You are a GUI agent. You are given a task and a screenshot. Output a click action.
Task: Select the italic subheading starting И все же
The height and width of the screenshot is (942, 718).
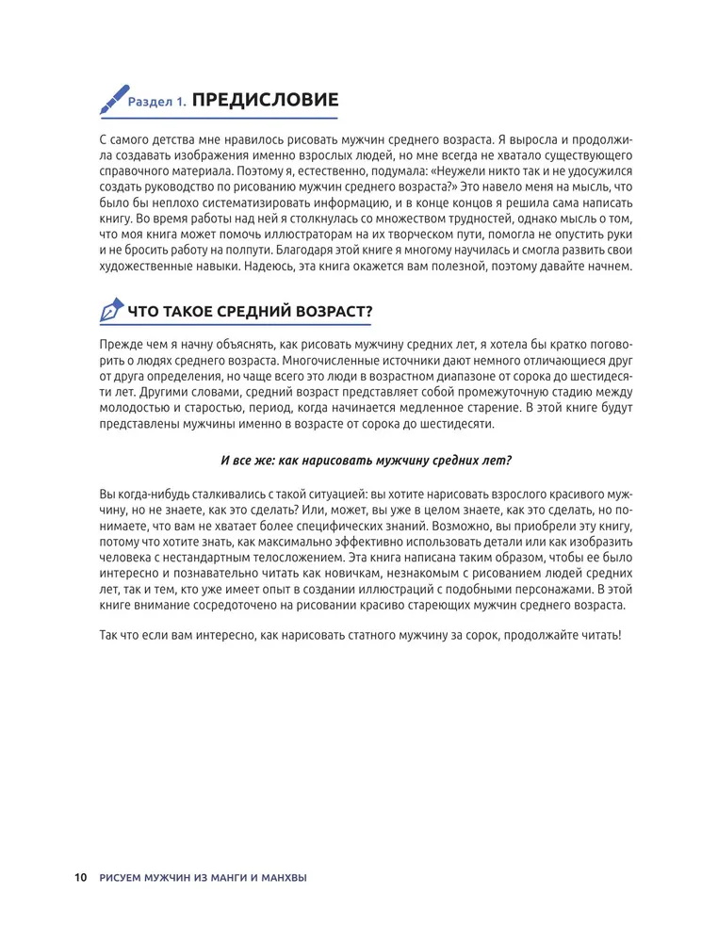point(367,460)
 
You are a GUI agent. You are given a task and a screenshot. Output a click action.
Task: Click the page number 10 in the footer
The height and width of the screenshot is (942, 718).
point(80,879)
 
